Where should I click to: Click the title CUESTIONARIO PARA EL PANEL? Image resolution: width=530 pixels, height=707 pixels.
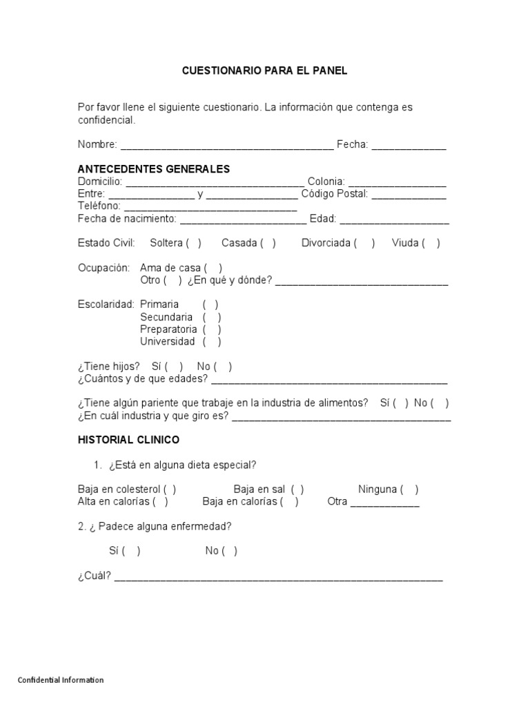(264, 70)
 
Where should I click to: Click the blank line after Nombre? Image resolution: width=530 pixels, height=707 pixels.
(226, 146)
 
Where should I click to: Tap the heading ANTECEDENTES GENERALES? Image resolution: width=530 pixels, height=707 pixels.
(154, 169)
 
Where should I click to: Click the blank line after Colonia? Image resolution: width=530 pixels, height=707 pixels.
(397, 182)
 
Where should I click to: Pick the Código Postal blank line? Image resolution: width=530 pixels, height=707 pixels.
(409, 195)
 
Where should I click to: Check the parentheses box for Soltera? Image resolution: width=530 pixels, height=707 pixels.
(193, 243)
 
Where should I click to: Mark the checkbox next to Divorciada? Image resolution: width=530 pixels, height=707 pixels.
(364, 243)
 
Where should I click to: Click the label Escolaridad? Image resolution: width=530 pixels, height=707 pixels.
(106, 304)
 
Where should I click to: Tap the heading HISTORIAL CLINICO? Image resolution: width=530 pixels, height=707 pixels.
(128, 440)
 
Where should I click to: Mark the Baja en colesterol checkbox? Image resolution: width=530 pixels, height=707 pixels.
(170, 490)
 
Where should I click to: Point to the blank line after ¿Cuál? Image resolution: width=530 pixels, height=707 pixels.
(278, 577)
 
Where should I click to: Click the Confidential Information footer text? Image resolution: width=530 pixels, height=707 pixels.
(61, 680)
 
